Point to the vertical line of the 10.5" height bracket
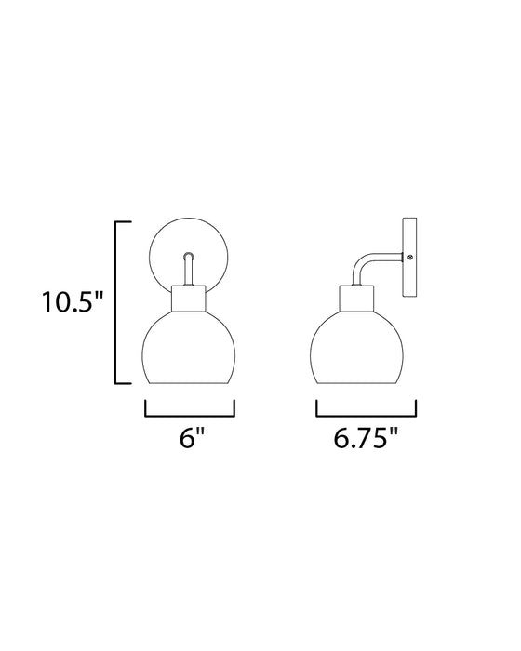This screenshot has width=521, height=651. pos(115,303)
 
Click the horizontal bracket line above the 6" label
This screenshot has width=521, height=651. pos(191,413)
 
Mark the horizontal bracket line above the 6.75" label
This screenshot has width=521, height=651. pos(366,413)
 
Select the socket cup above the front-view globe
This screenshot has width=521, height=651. pos(190,302)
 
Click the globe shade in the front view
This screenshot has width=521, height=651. pos(190,351)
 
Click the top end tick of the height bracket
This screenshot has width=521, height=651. pos(122,222)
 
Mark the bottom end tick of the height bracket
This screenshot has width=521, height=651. pos(122,384)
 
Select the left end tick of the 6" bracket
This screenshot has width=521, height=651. pos(147,406)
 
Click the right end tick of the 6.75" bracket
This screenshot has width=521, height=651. pos(415,406)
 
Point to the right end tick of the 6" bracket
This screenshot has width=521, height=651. pos(234,406)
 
